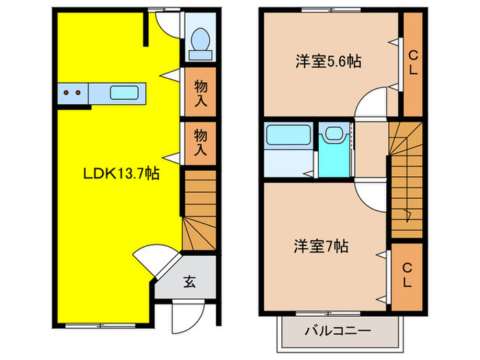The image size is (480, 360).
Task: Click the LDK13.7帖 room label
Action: (x=121, y=174)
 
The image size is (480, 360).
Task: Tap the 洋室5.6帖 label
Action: (x=328, y=62)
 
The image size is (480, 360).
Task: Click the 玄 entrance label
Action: (x=188, y=281)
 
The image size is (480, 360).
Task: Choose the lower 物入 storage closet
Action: (x=200, y=141)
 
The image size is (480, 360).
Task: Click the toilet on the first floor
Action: (x=201, y=39)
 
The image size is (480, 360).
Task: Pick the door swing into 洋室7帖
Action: (x=370, y=194)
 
